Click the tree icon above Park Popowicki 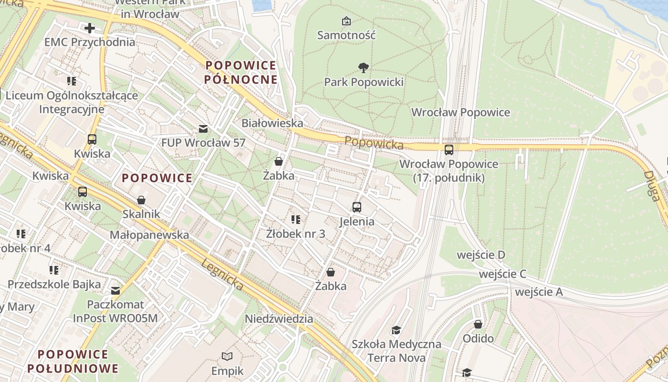363,68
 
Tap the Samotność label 346,35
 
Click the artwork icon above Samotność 346,21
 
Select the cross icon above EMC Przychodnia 89,28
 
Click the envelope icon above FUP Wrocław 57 203,129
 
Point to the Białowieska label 272,123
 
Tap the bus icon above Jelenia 357,207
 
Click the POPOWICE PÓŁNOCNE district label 241,72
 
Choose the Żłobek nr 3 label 295,233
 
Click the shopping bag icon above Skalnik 141,200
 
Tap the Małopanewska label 149,235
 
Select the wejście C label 502,274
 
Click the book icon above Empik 228,356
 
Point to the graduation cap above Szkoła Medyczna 396,330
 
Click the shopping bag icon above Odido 478,325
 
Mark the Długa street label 652,186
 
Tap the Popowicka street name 374,142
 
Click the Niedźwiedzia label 279,318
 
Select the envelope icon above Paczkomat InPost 115,290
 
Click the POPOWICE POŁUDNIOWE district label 73,361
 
